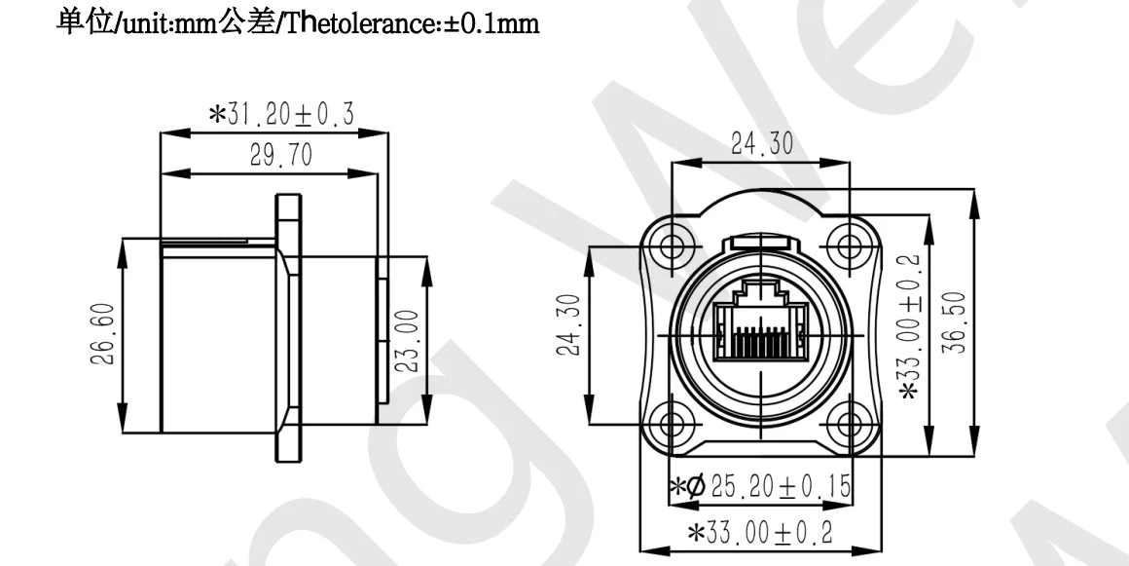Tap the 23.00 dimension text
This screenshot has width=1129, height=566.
click(x=409, y=341)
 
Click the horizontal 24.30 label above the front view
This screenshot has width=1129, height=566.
click(x=761, y=145)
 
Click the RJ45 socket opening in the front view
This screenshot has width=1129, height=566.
click(x=761, y=321)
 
